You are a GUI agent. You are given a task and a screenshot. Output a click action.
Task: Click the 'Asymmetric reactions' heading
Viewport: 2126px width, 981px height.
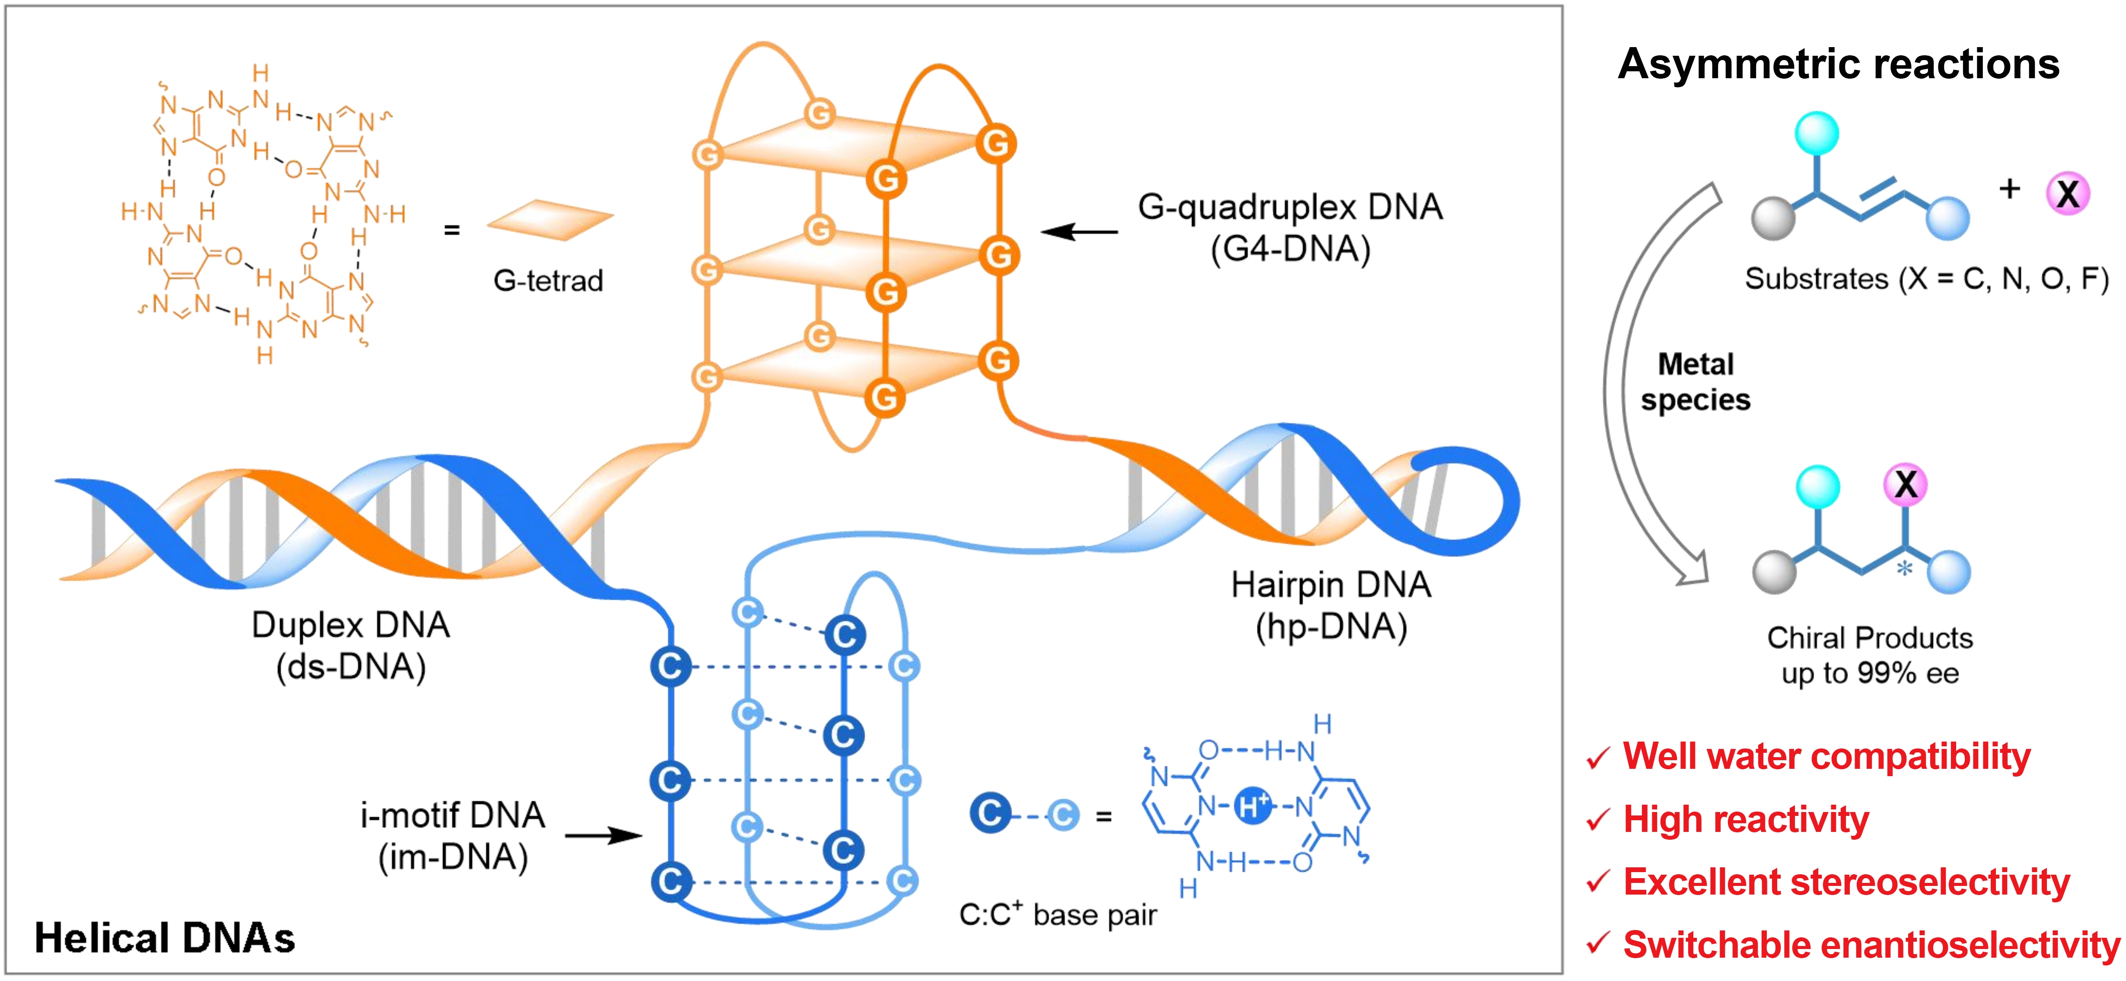(x=1838, y=64)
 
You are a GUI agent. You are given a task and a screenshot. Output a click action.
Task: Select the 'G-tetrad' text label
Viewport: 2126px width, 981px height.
(x=548, y=280)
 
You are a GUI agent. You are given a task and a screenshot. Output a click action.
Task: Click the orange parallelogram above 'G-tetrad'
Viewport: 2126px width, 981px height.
(x=551, y=220)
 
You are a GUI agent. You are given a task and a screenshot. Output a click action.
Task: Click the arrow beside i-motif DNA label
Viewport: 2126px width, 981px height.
(x=603, y=836)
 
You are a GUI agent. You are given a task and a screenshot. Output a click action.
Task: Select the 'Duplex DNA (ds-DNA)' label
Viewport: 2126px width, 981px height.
(x=351, y=645)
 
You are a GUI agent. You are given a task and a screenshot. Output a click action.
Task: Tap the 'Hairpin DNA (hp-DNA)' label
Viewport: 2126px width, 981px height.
(x=1330, y=605)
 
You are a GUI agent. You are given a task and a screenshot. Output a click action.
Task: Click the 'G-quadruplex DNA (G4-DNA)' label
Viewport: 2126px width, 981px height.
(x=1290, y=227)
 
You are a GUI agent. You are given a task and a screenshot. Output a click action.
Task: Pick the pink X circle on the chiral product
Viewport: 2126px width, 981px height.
(x=1906, y=484)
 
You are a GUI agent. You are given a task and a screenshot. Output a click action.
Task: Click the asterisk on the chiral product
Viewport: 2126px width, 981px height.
(x=1904, y=568)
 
